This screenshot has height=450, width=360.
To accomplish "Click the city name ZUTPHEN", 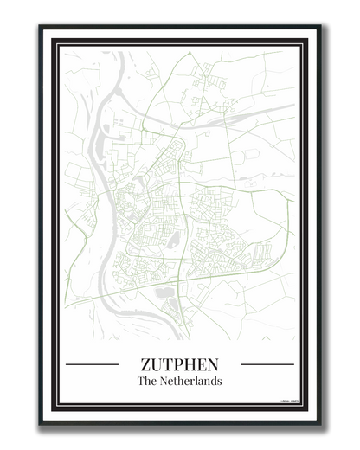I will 179,364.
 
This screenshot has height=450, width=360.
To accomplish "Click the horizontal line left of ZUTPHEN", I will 92,364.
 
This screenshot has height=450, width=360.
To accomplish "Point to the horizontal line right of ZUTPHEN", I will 267,364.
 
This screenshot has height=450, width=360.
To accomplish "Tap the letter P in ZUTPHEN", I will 178,364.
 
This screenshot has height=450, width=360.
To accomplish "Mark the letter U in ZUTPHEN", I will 157,364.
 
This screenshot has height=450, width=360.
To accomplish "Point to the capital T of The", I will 140,381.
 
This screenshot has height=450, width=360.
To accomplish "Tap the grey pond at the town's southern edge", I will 164,293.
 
